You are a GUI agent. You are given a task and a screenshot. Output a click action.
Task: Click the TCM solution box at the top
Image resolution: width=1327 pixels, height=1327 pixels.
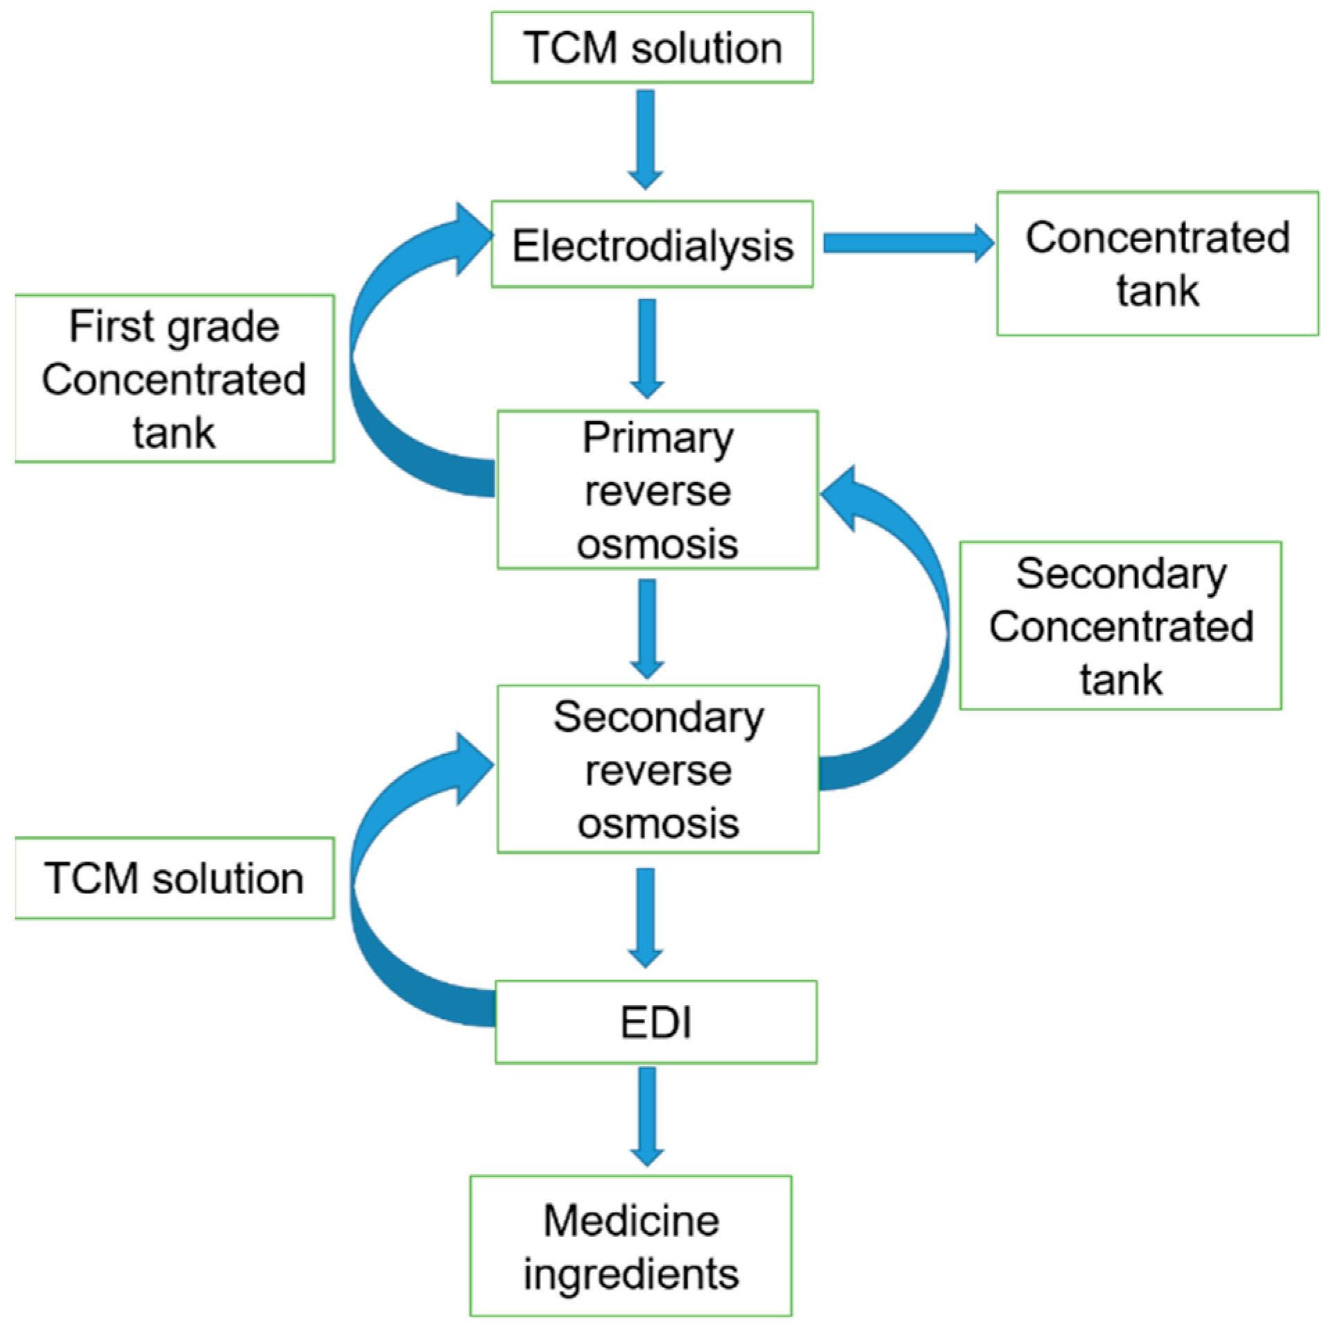pyautogui.click(x=651, y=47)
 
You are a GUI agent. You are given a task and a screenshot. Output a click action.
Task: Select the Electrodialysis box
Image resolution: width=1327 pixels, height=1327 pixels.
pyautogui.click(x=651, y=243)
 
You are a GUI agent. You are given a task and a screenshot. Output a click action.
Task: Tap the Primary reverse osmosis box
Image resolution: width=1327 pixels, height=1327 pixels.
pyautogui.click(x=657, y=489)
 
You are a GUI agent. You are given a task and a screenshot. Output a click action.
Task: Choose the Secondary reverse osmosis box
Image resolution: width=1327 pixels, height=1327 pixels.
pyautogui.click(x=657, y=769)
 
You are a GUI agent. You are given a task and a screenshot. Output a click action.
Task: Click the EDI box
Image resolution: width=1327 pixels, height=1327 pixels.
pyautogui.click(x=656, y=1021)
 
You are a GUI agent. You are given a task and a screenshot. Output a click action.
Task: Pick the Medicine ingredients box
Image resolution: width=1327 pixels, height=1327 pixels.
pyautogui.click(x=631, y=1245)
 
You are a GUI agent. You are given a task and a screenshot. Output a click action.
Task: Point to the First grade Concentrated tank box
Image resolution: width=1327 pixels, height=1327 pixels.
pyautogui.click(x=174, y=378)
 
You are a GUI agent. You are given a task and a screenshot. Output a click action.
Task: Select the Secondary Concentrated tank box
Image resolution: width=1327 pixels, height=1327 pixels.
pyautogui.click(x=1120, y=625)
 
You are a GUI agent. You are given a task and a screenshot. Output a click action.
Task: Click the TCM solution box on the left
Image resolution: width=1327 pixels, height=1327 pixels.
pyautogui.click(x=174, y=877)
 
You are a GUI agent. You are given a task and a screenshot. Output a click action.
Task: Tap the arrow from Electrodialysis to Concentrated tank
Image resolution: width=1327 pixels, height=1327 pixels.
pyautogui.click(x=909, y=243)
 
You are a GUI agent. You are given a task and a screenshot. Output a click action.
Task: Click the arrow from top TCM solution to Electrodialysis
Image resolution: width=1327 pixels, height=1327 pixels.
pyautogui.click(x=645, y=139)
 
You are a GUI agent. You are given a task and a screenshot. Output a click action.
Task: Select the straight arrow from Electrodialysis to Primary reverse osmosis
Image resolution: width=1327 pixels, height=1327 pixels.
pyautogui.click(x=647, y=348)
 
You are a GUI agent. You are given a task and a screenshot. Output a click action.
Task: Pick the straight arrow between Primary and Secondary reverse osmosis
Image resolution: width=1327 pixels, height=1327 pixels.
pyautogui.click(x=647, y=629)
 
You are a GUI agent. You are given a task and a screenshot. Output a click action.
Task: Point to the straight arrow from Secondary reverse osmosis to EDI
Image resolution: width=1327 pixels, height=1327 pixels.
pyautogui.click(x=645, y=918)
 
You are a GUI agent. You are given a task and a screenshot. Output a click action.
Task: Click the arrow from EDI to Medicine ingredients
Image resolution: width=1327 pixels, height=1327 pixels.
pyautogui.click(x=647, y=1117)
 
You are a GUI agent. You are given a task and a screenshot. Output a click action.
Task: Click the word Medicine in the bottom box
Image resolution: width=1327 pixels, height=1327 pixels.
pyautogui.click(x=631, y=1220)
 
